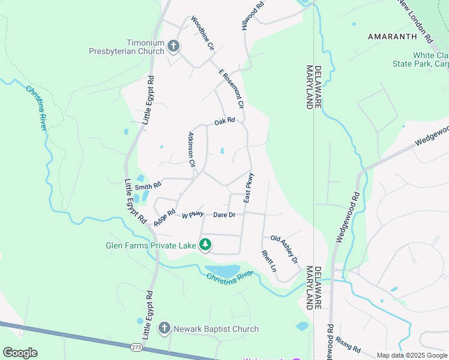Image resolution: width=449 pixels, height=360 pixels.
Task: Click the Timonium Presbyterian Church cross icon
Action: pos(173,46)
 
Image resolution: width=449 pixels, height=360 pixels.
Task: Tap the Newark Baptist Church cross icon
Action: pos(164,328)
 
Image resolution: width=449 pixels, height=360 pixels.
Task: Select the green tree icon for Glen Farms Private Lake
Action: pos(205,245)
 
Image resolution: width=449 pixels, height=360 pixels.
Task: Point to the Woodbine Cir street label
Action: pos(202,33)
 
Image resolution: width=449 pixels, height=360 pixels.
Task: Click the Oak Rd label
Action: pos(224,121)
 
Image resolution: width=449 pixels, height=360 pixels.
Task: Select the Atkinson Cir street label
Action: pos(192,149)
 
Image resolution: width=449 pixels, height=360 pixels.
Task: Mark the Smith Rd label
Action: pos(148,187)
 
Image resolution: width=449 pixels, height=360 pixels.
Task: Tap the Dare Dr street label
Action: pos(224,214)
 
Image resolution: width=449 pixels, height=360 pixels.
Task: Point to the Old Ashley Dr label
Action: pos(284,249)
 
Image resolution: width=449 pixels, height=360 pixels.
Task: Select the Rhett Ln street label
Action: pos(268,262)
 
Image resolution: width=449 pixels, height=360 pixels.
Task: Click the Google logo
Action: pos(20,353)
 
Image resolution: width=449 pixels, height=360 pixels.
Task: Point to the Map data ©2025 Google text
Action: pos(411,355)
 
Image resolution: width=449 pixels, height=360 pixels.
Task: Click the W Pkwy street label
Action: pos(193,214)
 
